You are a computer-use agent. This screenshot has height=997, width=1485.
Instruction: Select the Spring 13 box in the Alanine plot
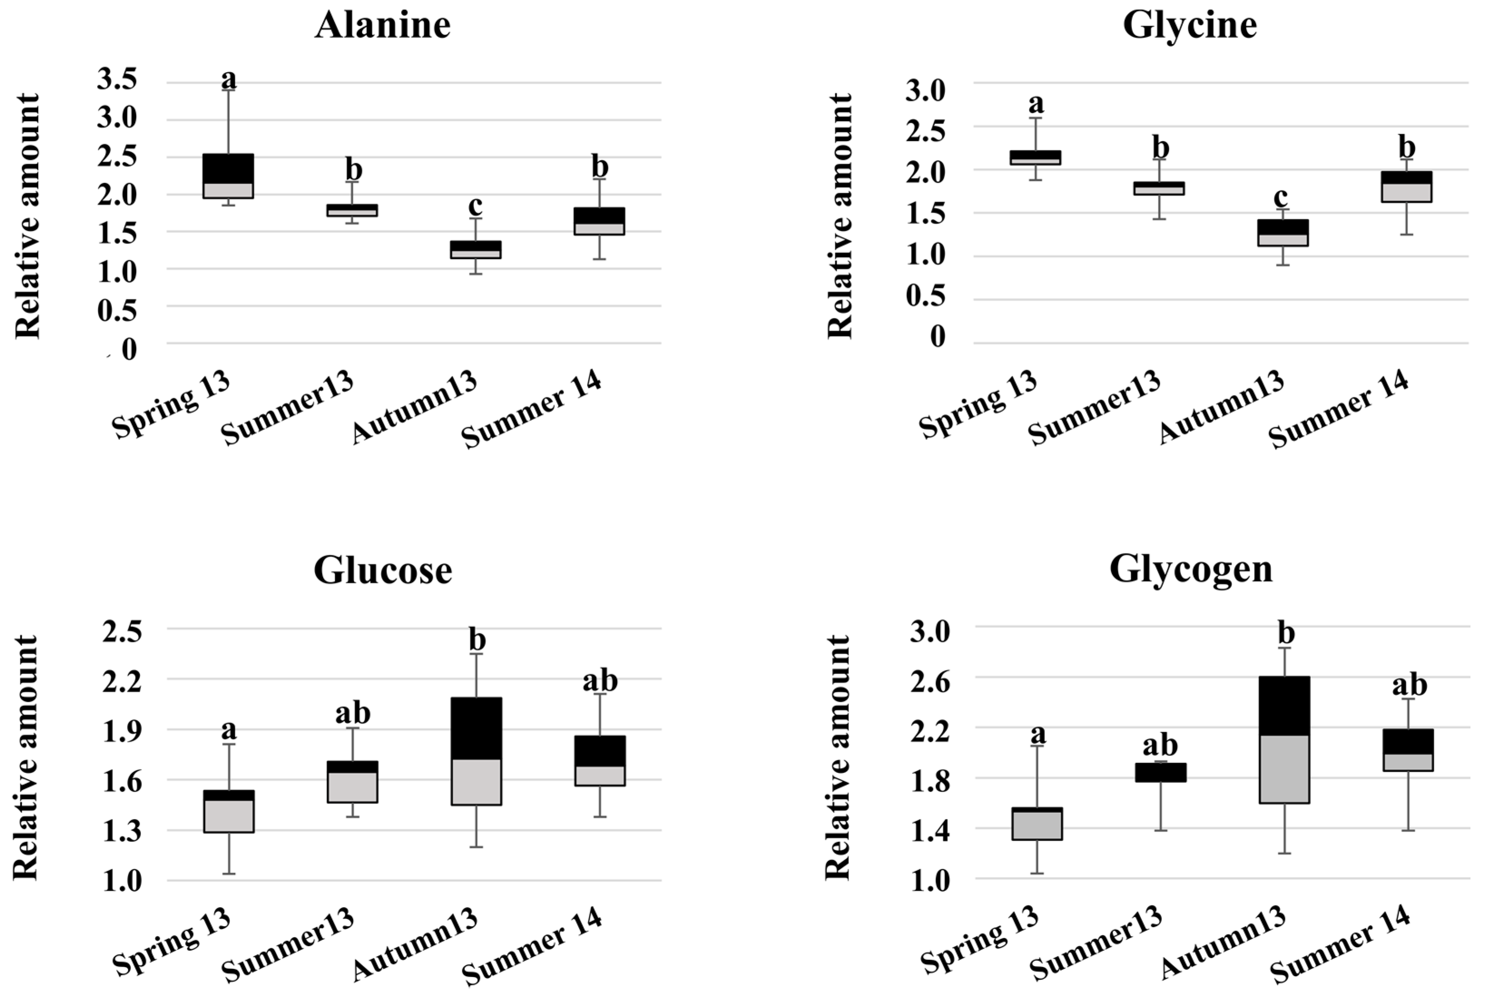228,176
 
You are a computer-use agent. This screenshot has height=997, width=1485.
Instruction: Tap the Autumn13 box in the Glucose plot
476,751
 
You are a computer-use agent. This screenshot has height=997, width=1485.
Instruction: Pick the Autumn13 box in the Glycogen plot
1285,739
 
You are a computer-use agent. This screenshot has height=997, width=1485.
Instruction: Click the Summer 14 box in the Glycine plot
1406,187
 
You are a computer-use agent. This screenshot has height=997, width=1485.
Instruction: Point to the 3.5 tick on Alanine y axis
117,80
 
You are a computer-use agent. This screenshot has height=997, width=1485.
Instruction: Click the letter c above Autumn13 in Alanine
475,206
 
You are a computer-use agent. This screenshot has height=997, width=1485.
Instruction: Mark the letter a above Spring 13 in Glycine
1036,103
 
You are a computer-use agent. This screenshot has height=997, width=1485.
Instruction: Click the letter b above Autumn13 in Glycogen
1286,633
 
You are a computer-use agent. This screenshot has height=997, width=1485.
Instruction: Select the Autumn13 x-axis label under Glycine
1221,409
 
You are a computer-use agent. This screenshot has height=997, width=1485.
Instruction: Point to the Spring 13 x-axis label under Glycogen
980,942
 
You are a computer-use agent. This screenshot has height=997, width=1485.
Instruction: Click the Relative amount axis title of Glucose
27,757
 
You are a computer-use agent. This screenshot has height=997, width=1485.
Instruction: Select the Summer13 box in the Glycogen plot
1161,772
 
